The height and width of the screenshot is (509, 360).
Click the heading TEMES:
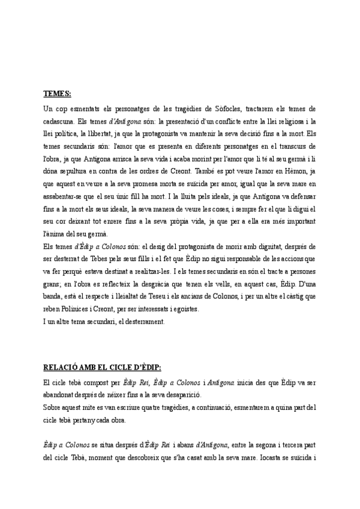click(57, 94)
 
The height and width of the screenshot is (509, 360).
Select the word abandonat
click(62, 394)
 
